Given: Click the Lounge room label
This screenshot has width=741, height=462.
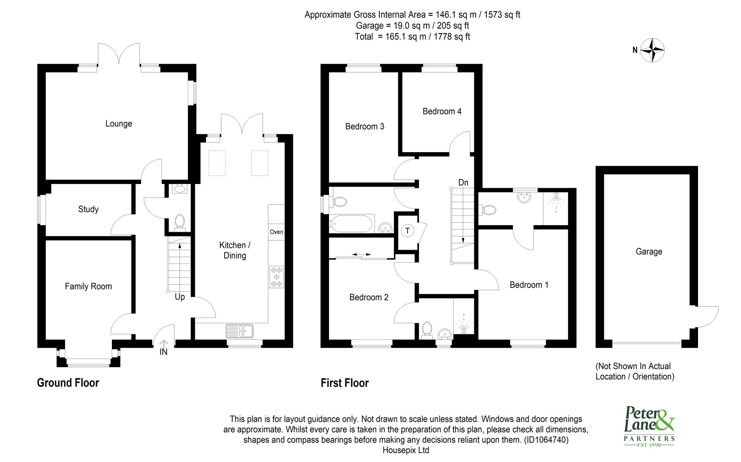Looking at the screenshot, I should tap(119, 124).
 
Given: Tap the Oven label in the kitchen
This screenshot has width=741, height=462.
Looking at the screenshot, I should tap(276, 232).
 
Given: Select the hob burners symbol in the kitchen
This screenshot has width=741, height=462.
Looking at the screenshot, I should tap(276, 277).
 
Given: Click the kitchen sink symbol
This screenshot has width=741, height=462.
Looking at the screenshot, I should tap(240, 331).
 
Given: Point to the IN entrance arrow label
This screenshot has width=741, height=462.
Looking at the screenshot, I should tap(163, 352).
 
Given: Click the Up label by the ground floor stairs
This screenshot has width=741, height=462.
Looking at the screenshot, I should tap(180, 297).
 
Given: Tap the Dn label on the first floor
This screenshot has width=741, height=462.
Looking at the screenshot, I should tap(463, 183).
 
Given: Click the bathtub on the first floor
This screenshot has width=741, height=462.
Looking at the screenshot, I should tap(351, 224).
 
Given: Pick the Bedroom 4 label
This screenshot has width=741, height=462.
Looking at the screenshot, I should tap(442, 111).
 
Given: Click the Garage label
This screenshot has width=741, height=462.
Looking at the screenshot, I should tap(649, 252).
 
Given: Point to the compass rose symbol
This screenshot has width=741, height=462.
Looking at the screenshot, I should tap(652, 50).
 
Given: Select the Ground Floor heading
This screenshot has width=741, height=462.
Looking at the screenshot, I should tap(68, 383).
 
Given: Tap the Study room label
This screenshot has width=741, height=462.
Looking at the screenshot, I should tap(88, 209).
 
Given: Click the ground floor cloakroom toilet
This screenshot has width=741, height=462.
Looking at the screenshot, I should tap(180, 222).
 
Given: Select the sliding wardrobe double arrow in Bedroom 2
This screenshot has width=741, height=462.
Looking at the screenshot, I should tap(361, 254).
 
